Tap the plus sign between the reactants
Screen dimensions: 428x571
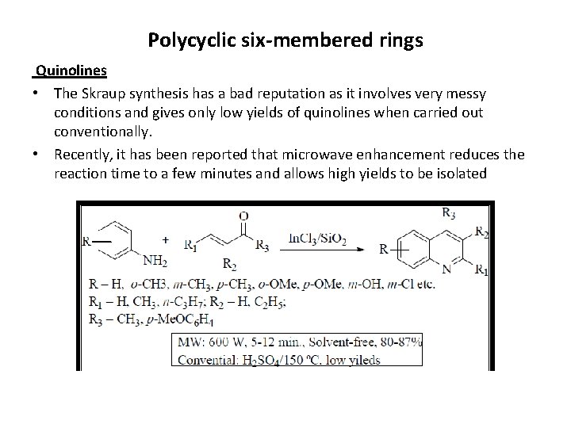tap(164, 238)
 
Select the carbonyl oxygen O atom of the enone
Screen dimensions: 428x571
tap(243, 215)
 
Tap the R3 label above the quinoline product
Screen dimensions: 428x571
tap(448, 212)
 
